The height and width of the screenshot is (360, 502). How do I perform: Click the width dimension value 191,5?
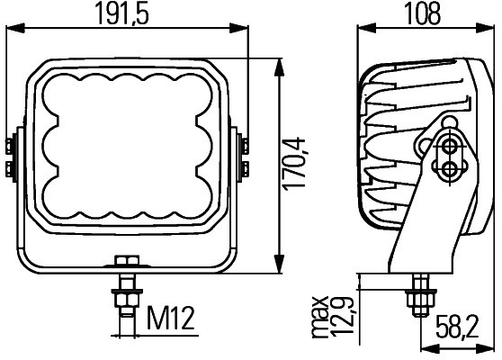(x=125, y=14)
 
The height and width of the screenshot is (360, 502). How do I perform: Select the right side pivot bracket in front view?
(x=243, y=156)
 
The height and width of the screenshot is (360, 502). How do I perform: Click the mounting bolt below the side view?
(x=419, y=292)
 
